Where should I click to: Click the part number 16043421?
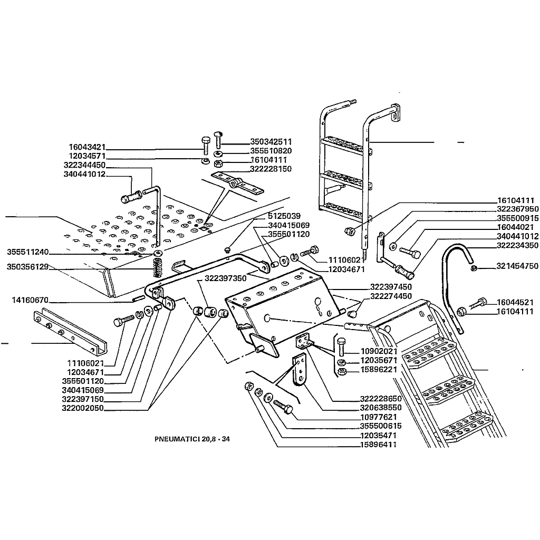coord(87,147)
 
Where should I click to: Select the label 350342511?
coord(271,142)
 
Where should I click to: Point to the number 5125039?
coord(284,216)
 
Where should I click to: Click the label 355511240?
coord(28,251)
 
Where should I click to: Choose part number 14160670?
coord(30,301)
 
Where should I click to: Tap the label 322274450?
coord(391,296)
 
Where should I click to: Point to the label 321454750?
coord(517,266)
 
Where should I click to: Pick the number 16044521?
coord(515,303)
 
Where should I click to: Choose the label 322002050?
coord(83,408)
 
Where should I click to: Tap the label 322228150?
coord(271,169)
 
